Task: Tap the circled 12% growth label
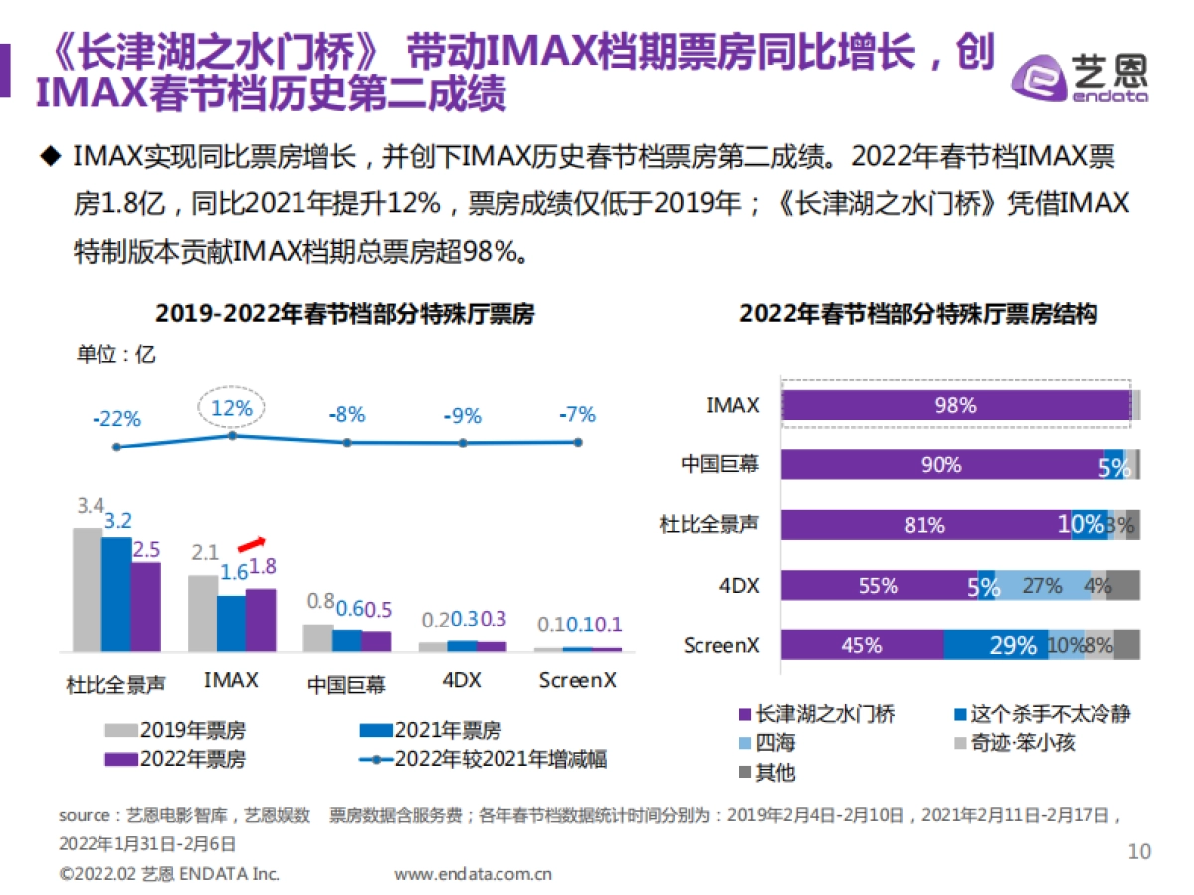pyautogui.click(x=232, y=407)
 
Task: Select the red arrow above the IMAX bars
pyautogui.click(x=252, y=543)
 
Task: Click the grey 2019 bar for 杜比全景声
pyautogui.click(x=87, y=589)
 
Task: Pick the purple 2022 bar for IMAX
pyautogui.click(x=261, y=620)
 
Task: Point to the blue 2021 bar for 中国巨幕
pyautogui.click(x=347, y=640)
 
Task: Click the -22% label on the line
pyautogui.click(x=116, y=419)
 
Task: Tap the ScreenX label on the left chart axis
pyautogui.click(x=577, y=681)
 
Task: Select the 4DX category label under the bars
pyautogui.click(x=462, y=681)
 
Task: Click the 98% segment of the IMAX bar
pyautogui.click(x=955, y=405)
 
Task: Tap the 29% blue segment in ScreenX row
pyautogui.click(x=995, y=645)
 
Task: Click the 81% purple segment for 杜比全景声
pyautogui.click(x=924, y=525)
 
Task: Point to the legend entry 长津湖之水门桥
pyautogui.click(x=817, y=714)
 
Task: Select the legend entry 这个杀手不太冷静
pyautogui.click(x=1041, y=714)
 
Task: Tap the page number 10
pyautogui.click(x=1138, y=851)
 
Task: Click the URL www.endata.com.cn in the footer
pyautogui.click(x=473, y=875)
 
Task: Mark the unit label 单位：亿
pyautogui.click(x=116, y=354)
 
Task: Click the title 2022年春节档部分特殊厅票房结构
pyautogui.click(x=918, y=314)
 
